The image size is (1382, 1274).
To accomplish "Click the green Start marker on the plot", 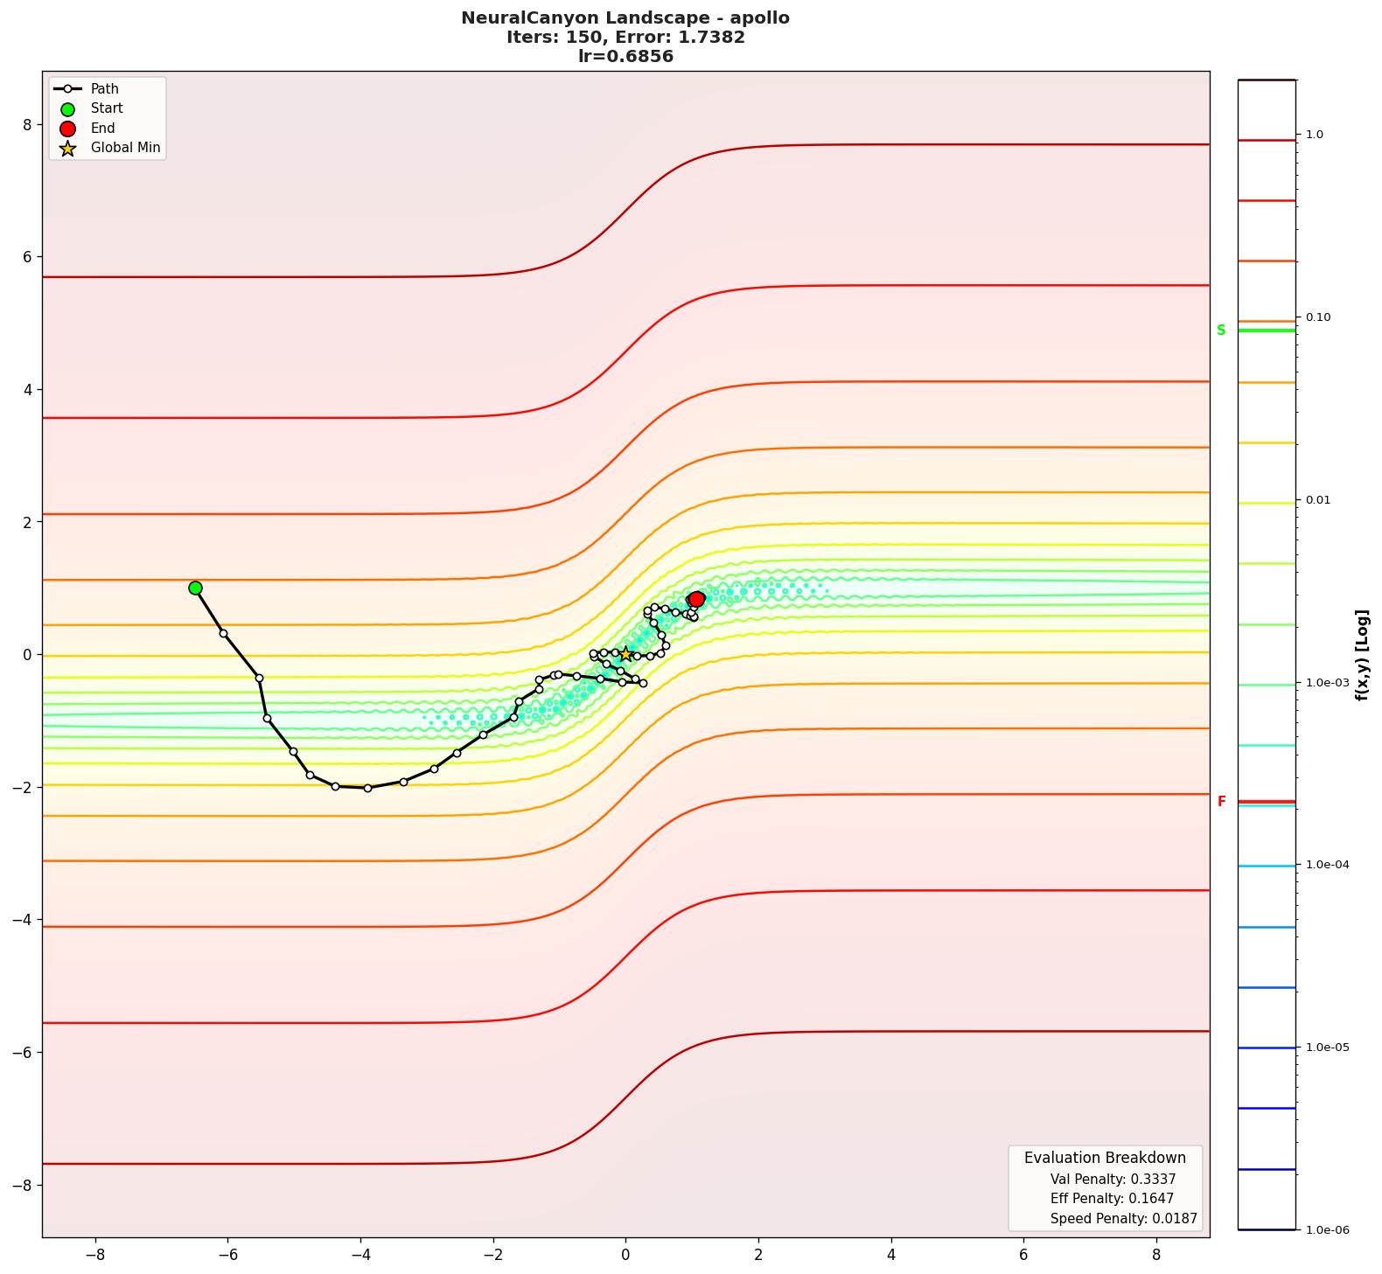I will click(195, 588).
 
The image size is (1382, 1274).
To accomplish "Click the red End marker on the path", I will click(696, 599).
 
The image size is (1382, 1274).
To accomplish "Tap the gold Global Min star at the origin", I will click(625, 654).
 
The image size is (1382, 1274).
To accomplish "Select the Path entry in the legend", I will click(104, 89).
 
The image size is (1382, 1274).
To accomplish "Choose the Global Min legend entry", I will click(125, 148).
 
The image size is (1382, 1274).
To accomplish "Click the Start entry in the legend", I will click(107, 108).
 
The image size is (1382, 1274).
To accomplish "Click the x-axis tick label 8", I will click(1156, 1255).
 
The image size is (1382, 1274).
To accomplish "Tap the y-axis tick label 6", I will click(27, 257).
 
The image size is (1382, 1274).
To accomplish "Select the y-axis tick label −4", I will click(23, 920).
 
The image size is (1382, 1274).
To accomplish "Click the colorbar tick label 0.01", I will click(1319, 500).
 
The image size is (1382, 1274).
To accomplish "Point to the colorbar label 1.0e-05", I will click(1327, 1048).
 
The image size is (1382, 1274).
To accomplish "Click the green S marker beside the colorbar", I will click(1221, 331).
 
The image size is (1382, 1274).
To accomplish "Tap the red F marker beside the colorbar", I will click(1222, 802).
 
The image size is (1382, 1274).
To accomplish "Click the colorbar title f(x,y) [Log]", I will click(1362, 655).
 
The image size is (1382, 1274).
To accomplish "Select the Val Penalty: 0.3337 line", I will click(1113, 1180).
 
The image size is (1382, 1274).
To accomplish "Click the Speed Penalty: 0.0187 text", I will click(1123, 1219).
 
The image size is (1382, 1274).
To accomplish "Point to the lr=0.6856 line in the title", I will click(625, 57).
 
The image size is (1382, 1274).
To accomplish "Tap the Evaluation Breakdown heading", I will click(1105, 1158).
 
